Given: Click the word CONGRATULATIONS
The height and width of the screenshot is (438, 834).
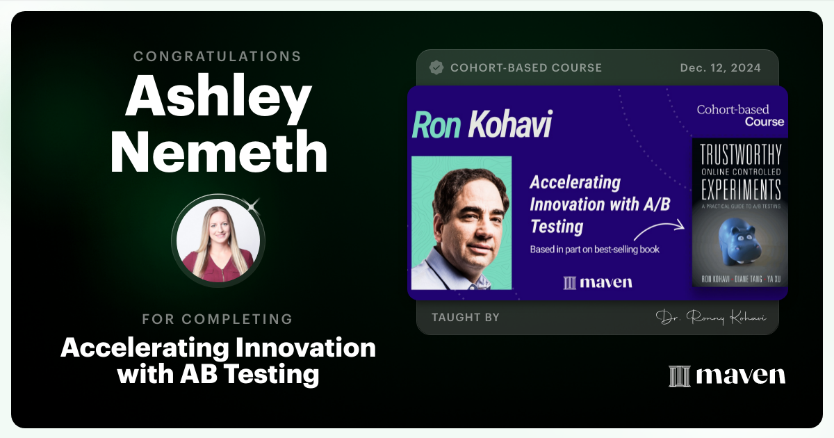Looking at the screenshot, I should click(218, 56).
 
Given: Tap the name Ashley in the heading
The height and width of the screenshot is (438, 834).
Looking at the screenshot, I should click(218, 97).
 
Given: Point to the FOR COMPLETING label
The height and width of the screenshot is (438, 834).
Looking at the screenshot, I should click(218, 319).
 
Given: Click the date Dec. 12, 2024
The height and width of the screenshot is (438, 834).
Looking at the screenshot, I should click(721, 68).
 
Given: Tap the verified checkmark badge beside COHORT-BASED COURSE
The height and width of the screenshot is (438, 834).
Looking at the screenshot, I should click(436, 67).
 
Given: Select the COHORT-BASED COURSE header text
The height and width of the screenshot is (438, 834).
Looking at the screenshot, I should click(526, 68).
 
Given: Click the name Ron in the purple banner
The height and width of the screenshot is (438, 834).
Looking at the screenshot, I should click(438, 124).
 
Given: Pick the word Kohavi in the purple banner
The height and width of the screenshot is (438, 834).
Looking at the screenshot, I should click(510, 124).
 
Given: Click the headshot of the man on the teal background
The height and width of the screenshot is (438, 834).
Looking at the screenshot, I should click(461, 222).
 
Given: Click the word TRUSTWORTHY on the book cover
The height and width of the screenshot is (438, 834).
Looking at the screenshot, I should click(739, 154).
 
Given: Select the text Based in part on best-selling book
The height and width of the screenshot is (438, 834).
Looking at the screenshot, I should click(594, 249).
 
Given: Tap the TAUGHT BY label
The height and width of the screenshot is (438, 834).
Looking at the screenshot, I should click(465, 318).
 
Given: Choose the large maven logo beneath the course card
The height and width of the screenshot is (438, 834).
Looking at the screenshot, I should click(726, 375).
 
